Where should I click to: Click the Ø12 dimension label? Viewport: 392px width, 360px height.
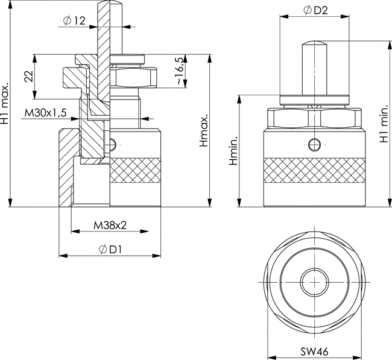pyautogui.click(x=74, y=21)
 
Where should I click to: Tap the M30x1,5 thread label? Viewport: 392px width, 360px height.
pyautogui.click(x=45, y=113)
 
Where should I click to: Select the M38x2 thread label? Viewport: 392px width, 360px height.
pyautogui.click(x=110, y=226)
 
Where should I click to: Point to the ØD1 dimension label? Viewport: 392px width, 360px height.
pyautogui.click(x=110, y=249)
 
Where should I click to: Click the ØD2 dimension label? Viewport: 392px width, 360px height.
pyautogui.click(x=315, y=10)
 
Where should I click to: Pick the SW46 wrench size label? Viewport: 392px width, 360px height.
pyautogui.click(x=314, y=352)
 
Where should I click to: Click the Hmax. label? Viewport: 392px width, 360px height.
pyautogui.click(x=203, y=131)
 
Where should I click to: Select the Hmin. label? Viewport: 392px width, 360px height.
pyautogui.click(x=233, y=151)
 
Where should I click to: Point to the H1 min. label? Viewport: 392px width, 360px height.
pyautogui.click(x=384, y=124)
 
